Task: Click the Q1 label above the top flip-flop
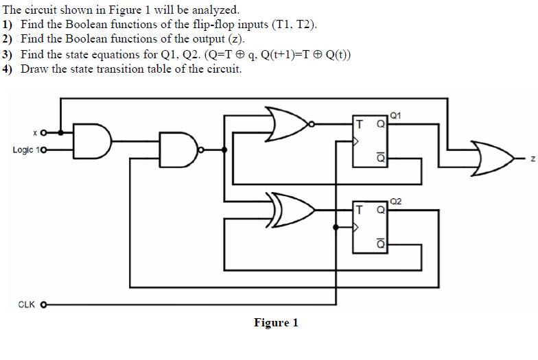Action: [x=395, y=115]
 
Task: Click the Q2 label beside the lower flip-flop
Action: [x=395, y=201]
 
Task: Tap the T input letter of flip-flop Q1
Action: [x=359, y=124]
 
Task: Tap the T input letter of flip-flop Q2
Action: [x=359, y=209]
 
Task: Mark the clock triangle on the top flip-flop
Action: [x=355, y=142]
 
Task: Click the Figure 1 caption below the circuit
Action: [x=276, y=322]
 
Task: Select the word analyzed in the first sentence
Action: [x=215, y=10]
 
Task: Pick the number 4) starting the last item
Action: [x=8, y=69]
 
